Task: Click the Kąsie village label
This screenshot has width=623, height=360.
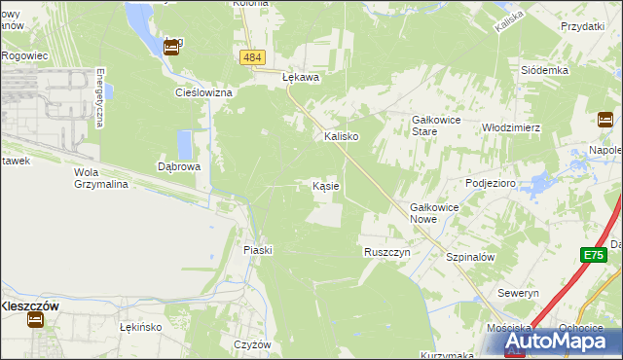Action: [325, 185]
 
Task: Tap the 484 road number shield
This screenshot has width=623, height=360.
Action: [252, 58]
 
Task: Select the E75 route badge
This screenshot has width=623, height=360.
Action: [594, 255]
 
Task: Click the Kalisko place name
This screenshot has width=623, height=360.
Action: [342, 137]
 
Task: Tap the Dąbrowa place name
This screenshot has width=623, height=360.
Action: [179, 166]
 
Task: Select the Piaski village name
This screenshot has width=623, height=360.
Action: [258, 250]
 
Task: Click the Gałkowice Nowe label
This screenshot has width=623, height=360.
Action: [435, 213]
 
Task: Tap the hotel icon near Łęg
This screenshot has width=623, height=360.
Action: [171, 48]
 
